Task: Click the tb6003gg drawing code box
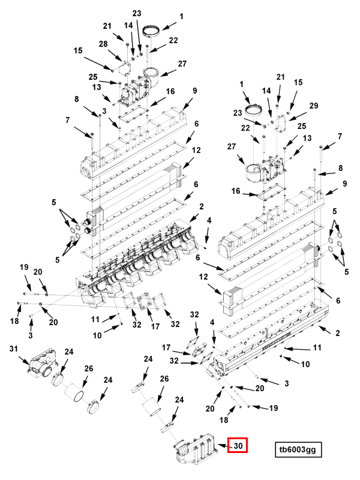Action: (x=298, y=449)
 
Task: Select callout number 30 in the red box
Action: (x=238, y=445)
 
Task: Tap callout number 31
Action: (x=13, y=349)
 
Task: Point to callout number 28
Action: (x=103, y=44)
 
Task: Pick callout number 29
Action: (x=314, y=106)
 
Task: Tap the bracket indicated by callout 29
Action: (x=281, y=124)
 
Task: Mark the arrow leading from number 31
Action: (x=25, y=360)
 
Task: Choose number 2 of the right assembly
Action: (x=337, y=333)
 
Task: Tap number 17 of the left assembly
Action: (x=155, y=326)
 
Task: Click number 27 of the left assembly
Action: (x=182, y=64)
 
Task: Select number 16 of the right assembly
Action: (x=235, y=191)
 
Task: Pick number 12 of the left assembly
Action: (x=196, y=150)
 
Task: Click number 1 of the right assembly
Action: (x=242, y=84)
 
